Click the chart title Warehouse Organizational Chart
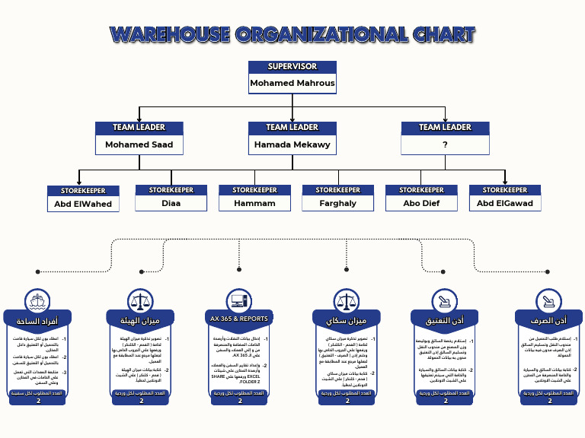292,34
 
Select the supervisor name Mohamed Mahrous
292,83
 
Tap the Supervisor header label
292,66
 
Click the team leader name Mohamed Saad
139,144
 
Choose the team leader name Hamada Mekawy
292,144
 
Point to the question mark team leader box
445,144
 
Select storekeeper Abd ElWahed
83,204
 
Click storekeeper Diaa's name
171,203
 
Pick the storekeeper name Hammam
254,203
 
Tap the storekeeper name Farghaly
338,203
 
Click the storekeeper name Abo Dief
422,203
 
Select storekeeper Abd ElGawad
505,203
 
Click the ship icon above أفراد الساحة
37,300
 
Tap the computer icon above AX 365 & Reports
238,300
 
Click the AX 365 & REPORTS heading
238,319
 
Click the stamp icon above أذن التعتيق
445,300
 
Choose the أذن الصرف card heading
547,320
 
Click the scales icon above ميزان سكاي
347,300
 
